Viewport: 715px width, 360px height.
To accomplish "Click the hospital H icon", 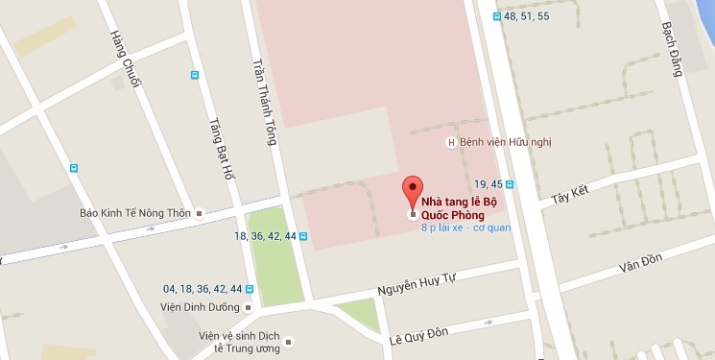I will pos(451,144).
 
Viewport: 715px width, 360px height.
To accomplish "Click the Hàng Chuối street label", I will pos(125,60).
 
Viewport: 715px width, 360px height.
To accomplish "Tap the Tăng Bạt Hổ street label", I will pos(222,149).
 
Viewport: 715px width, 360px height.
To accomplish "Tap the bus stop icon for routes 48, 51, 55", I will pos(495,16).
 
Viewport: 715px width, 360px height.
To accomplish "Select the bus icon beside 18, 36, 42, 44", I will pos(303,236).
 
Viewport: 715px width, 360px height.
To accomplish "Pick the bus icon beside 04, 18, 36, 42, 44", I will pos(250,288).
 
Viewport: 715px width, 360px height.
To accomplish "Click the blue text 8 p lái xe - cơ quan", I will pos(465,228).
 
